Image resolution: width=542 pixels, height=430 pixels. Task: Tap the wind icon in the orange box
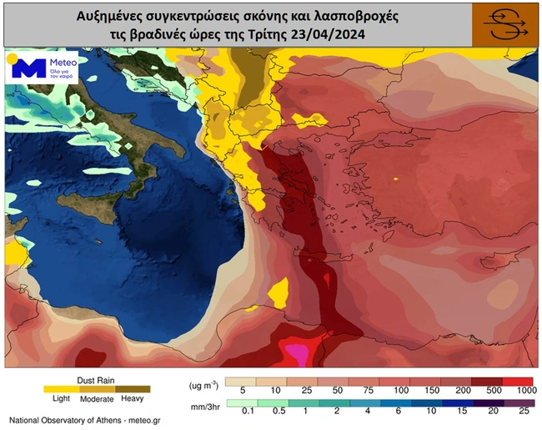coord(504,24)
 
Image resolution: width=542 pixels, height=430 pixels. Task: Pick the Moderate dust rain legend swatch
coord(97,388)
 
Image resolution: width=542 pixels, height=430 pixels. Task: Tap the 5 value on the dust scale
coord(241,391)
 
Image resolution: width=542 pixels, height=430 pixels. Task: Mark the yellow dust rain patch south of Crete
coord(280,293)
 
